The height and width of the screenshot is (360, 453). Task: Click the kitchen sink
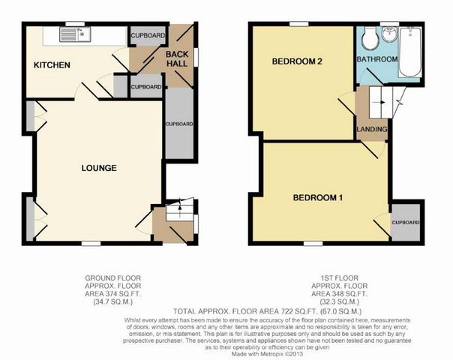pyautogui.click(x=75, y=34)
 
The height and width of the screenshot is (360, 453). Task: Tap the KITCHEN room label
pyautogui.click(x=52, y=65)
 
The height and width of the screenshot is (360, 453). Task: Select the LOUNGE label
pyautogui.click(x=99, y=168)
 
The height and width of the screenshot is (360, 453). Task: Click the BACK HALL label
pyautogui.click(x=177, y=59)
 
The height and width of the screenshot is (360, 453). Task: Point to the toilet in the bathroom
pyautogui.click(x=370, y=38)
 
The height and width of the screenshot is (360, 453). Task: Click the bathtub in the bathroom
pyautogui.click(x=409, y=52)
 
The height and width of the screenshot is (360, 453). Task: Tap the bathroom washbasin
pyautogui.click(x=389, y=34)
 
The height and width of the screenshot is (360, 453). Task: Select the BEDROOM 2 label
pyautogui.click(x=297, y=61)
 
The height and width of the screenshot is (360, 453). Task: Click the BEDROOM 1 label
pyautogui.click(x=318, y=197)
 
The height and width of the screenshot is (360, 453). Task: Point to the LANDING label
pyautogui.click(x=372, y=129)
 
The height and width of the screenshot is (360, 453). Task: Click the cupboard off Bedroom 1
pyautogui.click(x=405, y=222)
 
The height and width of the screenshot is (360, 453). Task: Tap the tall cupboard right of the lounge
pyautogui.click(x=179, y=123)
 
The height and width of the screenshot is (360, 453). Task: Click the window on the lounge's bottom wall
pyautogui.click(x=91, y=244)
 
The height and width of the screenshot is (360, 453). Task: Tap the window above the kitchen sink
pyautogui.click(x=75, y=24)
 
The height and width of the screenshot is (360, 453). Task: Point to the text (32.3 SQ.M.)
pyautogui.click(x=340, y=302)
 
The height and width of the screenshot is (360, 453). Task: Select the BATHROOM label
pyautogui.click(x=377, y=59)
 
